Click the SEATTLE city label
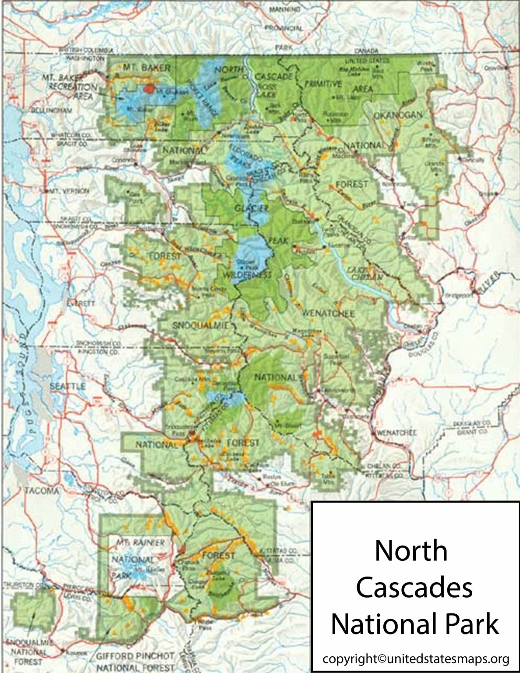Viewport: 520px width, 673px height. pyautogui.click(x=67, y=386)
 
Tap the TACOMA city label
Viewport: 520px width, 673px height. pyautogui.click(x=42, y=490)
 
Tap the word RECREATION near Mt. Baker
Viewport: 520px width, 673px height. pyautogui.click(x=73, y=87)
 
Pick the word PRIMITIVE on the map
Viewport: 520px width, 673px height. pyautogui.click(x=323, y=84)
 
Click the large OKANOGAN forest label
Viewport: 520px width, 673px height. pyautogui.click(x=398, y=115)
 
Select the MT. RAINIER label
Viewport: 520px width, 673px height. pyautogui.click(x=140, y=542)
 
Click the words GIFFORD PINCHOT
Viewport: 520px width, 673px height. pyautogui.click(x=135, y=656)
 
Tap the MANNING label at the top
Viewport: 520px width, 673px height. pyautogui.click(x=284, y=9)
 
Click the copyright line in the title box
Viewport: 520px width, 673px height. pyautogui.click(x=415, y=659)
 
